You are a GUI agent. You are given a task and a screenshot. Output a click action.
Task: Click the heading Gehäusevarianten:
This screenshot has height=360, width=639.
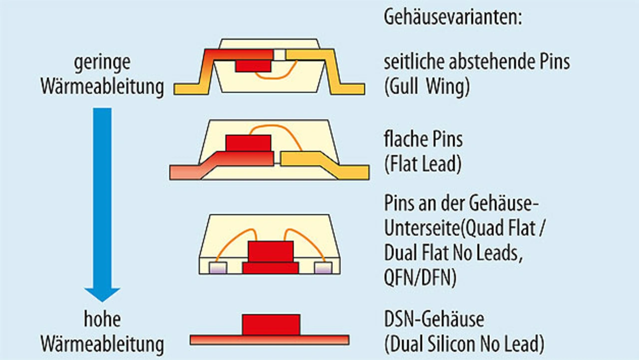453,18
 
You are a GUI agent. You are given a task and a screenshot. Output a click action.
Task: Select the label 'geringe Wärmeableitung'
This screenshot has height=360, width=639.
102,75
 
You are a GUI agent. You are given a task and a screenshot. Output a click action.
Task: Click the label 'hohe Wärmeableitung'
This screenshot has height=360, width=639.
102,332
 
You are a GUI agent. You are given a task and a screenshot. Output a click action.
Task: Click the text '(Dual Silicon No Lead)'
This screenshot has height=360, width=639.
464,344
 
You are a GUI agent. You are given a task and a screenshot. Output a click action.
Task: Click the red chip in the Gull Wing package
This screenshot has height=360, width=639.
253,66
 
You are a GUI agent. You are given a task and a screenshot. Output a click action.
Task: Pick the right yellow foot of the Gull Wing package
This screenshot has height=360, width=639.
349,89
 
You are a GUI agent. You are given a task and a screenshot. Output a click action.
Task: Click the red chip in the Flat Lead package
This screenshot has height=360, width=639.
248,143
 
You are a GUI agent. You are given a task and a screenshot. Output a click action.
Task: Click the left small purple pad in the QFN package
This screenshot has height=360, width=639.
219,268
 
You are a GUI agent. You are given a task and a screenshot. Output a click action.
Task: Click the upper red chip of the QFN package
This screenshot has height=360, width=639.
271,251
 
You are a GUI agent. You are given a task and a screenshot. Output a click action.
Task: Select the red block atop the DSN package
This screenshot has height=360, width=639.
271,325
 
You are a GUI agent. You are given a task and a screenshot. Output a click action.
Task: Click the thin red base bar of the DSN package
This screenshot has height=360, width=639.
270,340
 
